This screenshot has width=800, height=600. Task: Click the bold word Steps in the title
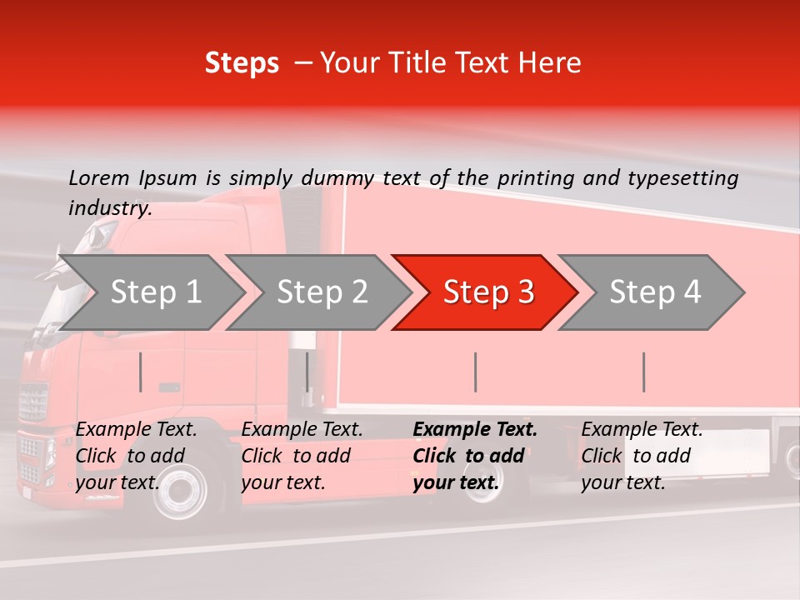(x=242, y=63)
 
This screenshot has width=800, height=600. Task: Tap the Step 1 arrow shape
(x=150, y=292)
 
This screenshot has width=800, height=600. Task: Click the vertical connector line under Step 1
(x=141, y=372)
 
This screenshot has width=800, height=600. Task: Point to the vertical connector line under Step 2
(x=307, y=372)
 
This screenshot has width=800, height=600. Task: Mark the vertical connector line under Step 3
(x=475, y=372)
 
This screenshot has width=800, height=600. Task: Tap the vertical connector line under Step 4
(x=643, y=372)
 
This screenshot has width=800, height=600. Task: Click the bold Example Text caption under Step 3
(x=475, y=456)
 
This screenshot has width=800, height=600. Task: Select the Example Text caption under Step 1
(x=136, y=456)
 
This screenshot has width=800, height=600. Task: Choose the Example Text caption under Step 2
(x=302, y=456)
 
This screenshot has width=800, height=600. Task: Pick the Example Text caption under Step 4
(x=642, y=456)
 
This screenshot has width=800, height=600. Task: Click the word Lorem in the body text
(x=99, y=177)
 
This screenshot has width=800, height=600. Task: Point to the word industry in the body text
(x=109, y=208)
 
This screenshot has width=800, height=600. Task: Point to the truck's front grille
(x=33, y=404)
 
